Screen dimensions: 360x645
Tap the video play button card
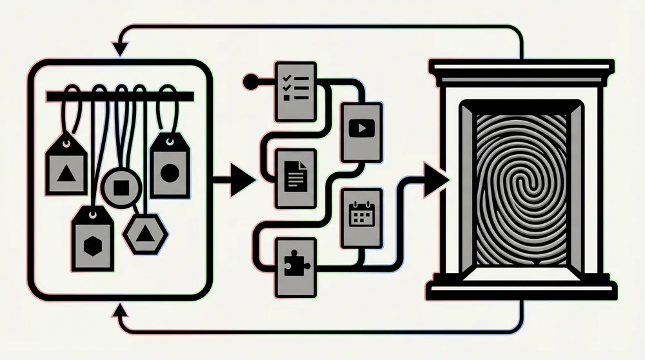pos(361,132)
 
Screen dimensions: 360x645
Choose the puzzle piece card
pos(295,267)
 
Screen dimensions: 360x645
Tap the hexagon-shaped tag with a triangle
pos(146,234)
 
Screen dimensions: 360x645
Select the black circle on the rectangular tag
pos(170,172)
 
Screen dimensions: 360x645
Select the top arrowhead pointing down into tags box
pos(119,48)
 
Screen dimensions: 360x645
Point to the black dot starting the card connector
pos(251,82)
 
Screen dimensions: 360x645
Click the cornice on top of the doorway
pos(522,69)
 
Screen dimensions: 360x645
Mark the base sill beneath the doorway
pos(522,289)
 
